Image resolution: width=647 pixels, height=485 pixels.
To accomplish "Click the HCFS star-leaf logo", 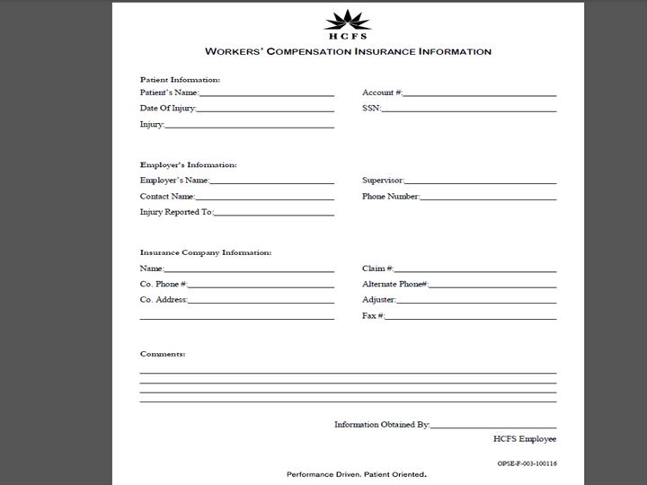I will click(x=347, y=20).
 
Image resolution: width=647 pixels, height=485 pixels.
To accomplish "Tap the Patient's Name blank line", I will click(x=266, y=93).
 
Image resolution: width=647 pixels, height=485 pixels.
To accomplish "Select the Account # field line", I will click(x=479, y=93).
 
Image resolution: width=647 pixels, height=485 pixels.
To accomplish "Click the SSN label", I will click(x=370, y=109).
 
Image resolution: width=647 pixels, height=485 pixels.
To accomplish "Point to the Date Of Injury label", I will click(x=167, y=109).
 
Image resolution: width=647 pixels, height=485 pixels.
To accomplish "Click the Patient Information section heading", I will click(x=180, y=80).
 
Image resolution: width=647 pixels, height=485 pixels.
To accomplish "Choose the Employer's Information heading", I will click(x=188, y=165).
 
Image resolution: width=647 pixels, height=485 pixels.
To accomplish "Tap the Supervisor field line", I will click(x=480, y=181).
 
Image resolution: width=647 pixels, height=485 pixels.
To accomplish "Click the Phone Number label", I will click(x=390, y=197).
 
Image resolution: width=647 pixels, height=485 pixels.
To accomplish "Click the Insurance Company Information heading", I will click(x=205, y=252).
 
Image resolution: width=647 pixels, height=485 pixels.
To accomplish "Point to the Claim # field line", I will click(x=474, y=269).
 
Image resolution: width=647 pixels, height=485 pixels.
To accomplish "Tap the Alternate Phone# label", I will click(x=394, y=284).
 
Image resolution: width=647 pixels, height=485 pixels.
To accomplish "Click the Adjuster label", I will click(x=378, y=300).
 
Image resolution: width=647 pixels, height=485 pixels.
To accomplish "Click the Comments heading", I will click(x=163, y=354).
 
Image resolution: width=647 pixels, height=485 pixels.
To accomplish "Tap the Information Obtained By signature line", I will click(x=492, y=426).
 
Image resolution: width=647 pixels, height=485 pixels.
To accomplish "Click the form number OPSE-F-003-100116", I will click(x=527, y=463).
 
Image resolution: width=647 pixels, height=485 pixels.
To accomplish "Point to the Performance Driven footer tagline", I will click(x=356, y=474).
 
